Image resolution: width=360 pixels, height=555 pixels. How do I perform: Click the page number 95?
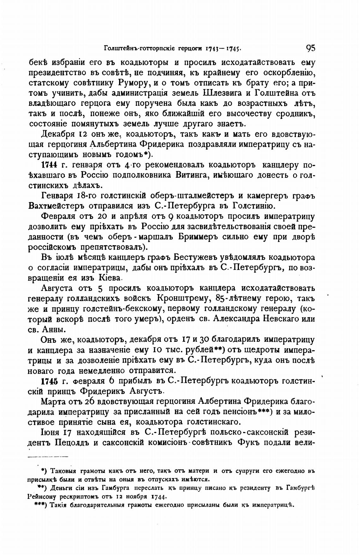coord(310,48)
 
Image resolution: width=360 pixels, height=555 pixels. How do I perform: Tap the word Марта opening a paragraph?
coord(53,401)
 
